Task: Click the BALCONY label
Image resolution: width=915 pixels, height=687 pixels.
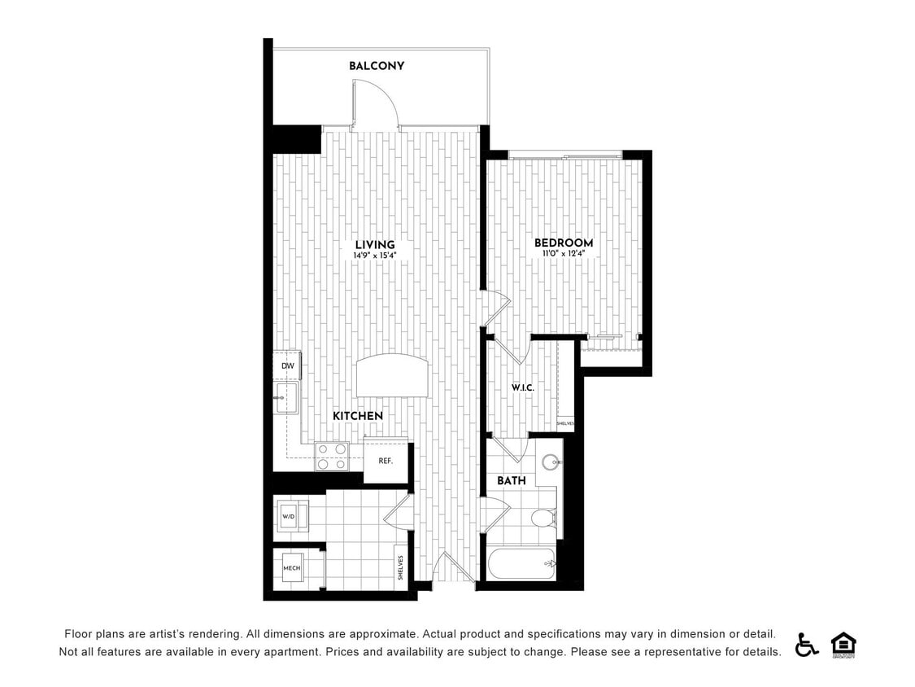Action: coord(377,66)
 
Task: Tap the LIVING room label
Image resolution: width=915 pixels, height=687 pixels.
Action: coord(375,245)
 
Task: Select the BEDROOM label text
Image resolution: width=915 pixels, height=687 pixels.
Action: coord(564,243)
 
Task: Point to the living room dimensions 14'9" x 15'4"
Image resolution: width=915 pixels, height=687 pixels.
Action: coord(375,256)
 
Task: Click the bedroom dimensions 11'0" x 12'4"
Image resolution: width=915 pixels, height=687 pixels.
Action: coord(564,254)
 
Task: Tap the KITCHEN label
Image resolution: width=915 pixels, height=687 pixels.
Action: coord(358,416)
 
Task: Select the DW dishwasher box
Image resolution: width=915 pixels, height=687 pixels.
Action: coord(287,366)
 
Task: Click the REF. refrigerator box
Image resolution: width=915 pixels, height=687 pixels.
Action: coord(386,462)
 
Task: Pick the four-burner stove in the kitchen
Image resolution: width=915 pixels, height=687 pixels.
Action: coord(332,456)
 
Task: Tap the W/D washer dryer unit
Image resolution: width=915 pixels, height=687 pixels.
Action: coord(289,517)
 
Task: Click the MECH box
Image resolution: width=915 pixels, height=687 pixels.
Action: coord(292,568)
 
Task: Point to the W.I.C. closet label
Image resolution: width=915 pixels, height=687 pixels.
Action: coord(522,387)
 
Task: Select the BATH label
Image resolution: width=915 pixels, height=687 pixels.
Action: coord(512,481)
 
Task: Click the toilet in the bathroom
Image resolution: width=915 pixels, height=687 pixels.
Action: coord(543,518)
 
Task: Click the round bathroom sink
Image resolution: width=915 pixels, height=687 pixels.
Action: coord(551,462)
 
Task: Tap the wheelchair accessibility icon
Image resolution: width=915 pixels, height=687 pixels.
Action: coord(806,645)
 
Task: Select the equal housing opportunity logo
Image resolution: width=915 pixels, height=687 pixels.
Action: coord(843,645)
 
